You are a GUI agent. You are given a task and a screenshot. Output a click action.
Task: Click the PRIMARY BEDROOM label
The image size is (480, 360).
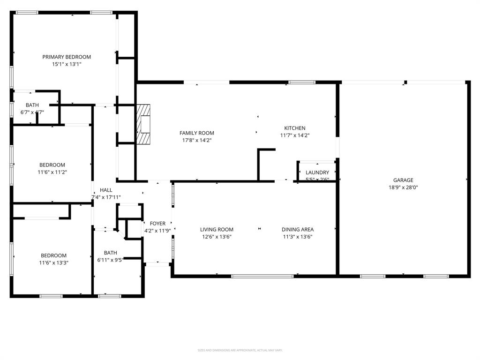click(67, 57)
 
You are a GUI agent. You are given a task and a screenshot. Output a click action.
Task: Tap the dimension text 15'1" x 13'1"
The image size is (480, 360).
click(67, 64)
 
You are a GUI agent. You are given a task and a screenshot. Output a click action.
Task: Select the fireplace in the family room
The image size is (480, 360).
click(144, 125)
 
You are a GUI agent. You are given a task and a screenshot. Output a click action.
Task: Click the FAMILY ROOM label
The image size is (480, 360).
click(196, 133)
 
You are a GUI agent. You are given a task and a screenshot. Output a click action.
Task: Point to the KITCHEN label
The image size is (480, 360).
click(294, 128)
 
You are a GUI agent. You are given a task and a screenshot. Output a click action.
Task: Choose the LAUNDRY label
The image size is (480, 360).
click(317, 172)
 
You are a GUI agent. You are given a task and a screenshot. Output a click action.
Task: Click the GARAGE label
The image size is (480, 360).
click(403, 180)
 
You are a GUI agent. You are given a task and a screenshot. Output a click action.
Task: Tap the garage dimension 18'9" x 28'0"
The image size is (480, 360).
click(403, 187)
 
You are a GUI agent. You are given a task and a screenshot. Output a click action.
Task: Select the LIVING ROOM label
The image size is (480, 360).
click(217, 230)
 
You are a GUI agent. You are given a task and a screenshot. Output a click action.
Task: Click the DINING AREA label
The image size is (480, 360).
click(297, 230)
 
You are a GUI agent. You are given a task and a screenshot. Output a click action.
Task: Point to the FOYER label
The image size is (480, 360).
click(157, 224)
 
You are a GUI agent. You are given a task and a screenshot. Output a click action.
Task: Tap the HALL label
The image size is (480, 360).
click(106, 190)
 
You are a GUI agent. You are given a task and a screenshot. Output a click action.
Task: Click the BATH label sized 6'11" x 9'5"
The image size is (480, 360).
click(110, 253)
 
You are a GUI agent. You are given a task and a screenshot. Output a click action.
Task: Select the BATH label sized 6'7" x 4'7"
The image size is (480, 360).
click(32, 105)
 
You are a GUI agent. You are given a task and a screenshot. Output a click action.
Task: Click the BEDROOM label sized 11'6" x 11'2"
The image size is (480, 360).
click(52, 165)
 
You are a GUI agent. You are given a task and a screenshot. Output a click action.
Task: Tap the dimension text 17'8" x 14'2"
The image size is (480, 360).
click(196, 140)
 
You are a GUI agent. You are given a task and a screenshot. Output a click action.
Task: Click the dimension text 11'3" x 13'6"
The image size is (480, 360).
click(297, 237)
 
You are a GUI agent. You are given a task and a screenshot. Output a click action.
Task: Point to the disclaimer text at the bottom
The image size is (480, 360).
click(240, 350)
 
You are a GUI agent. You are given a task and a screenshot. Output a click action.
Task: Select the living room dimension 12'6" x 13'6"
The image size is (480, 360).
click(217, 237)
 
